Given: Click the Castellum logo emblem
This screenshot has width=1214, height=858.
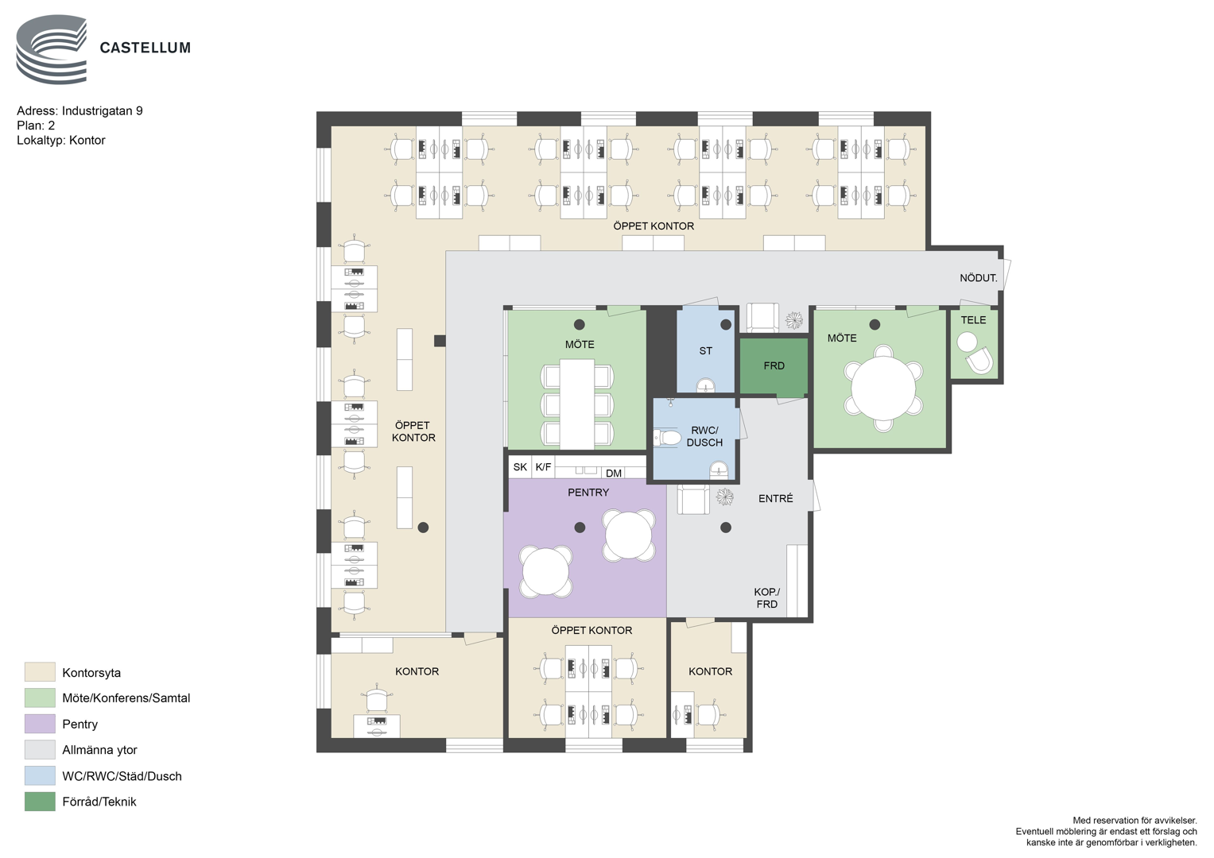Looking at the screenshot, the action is click(x=52, y=49).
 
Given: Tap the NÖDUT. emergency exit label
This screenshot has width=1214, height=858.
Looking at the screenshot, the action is click(x=978, y=278).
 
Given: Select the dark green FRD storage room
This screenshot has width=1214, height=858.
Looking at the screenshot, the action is click(x=774, y=366).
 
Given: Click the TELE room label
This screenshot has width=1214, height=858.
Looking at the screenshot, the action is click(x=973, y=320).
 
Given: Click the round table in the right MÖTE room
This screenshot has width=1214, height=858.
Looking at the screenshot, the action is click(x=883, y=388).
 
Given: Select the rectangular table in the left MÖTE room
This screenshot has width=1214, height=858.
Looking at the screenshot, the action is click(x=576, y=404).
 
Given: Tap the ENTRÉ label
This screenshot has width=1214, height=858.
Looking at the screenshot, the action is click(x=776, y=498).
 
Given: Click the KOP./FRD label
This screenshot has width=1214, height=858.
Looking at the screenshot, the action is click(x=767, y=598).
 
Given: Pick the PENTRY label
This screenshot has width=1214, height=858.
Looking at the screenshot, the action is click(x=588, y=493).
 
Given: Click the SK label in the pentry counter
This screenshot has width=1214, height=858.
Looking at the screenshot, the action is click(x=520, y=467).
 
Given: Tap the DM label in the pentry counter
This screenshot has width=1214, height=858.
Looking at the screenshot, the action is click(x=614, y=473).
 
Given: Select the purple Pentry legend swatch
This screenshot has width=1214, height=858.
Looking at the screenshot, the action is click(x=40, y=724).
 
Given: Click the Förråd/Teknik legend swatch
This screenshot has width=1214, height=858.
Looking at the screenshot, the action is click(x=40, y=802).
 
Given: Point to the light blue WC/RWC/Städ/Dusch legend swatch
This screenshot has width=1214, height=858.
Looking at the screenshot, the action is click(x=40, y=775).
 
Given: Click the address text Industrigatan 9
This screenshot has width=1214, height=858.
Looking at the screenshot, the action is click(x=102, y=111).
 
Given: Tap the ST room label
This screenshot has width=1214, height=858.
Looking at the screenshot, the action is click(x=705, y=351).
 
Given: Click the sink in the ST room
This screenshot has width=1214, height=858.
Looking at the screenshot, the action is click(x=706, y=385).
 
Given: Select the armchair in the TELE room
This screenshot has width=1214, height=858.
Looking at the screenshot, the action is click(x=980, y=361).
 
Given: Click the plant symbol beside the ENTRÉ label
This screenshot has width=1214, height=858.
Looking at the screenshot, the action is click(x=724, y=497).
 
